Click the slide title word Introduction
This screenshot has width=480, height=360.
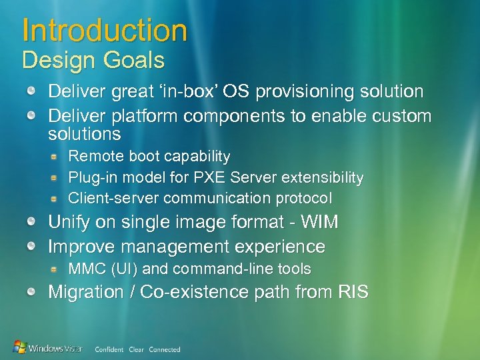(105, 31)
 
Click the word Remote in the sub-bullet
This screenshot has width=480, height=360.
(93, 157)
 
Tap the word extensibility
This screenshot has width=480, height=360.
(323, 178)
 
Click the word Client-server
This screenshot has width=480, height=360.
(114, 199)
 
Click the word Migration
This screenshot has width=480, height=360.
(86, 292)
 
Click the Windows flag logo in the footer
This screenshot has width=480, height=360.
(20, 347)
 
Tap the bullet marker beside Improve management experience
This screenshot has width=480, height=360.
(32, 247)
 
